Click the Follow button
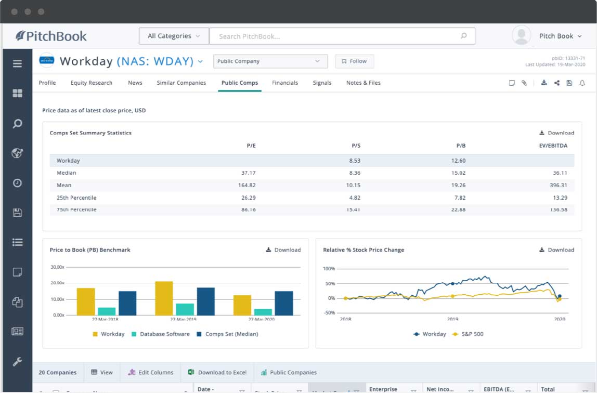[x=354, y=61]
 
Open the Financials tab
[x=285, y=83]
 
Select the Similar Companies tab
[x=181, y=83]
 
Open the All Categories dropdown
[x=174, y=36]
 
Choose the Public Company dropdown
[x=270, y=61]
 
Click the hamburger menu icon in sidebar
[x=17, y=64]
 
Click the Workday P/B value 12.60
[x=458, y=161]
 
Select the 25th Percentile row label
[x=76, y=198]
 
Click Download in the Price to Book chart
[x=283, y=250]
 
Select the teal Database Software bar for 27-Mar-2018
[x=107, y=311]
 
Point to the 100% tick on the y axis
[x=329, y=269]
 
